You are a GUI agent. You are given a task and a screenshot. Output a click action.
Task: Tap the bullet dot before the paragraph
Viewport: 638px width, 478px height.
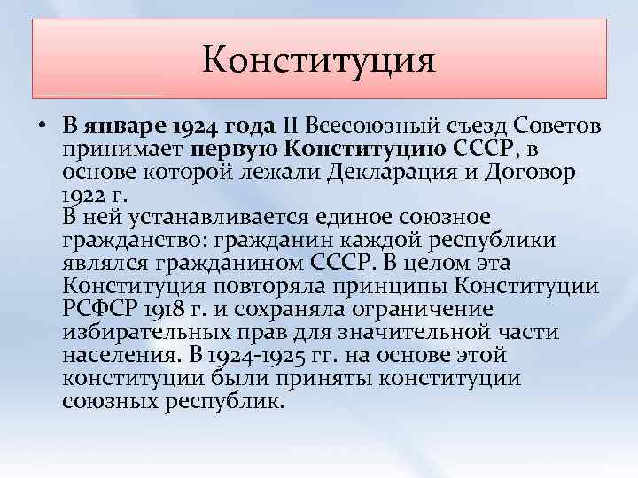(43, 125)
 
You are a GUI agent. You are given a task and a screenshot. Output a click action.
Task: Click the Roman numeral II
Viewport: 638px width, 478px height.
(291, 125)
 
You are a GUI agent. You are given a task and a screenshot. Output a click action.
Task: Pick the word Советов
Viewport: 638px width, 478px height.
(549, 125)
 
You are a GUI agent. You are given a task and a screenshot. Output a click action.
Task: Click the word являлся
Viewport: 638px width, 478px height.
(107, 264)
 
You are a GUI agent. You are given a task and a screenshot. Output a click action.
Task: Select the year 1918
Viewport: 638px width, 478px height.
(170, 310)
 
